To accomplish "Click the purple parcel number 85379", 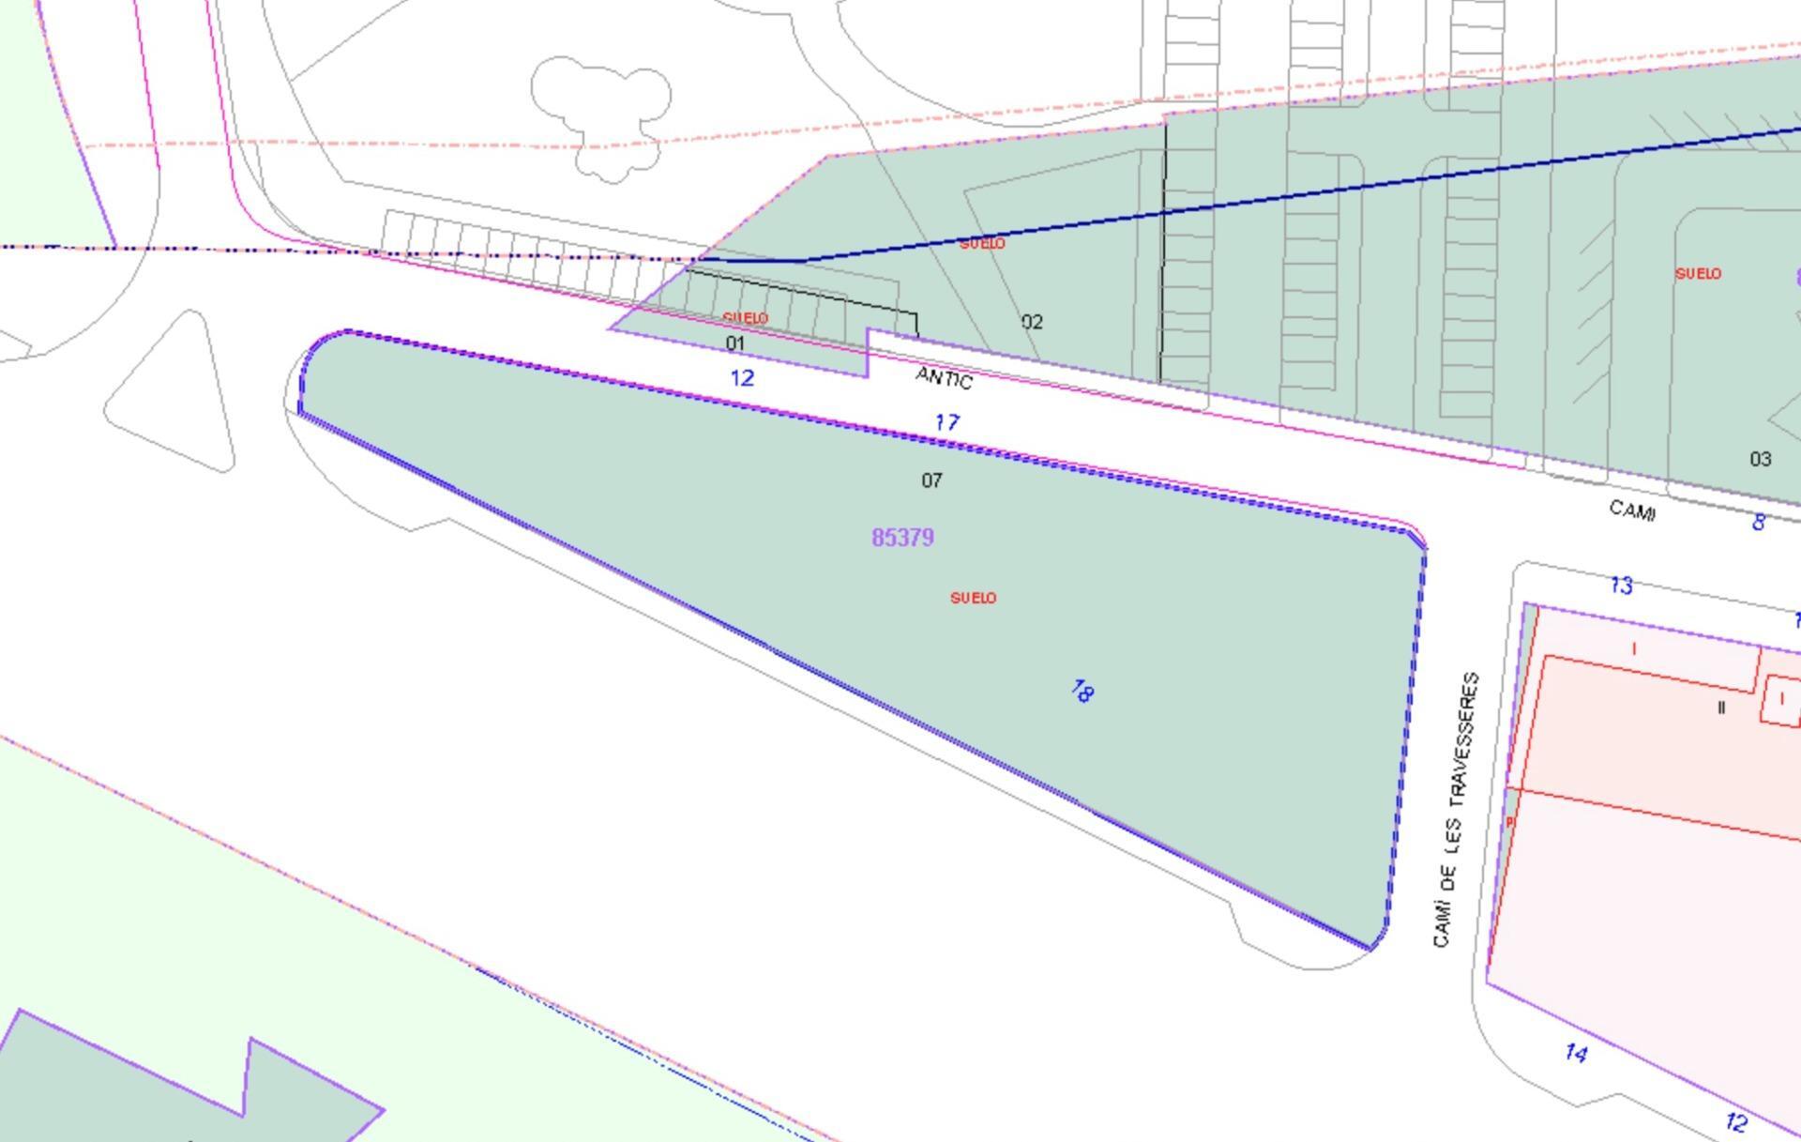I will pos(902,538).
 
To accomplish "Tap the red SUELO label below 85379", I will pos(973,598).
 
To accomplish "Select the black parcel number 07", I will pos(931,480).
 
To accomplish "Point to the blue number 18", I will pos(1082,692).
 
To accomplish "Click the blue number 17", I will pos(947,423).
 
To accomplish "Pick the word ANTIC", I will pos(944,378).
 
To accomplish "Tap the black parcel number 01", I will pos(735,343).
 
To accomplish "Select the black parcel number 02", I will pos(1032,322).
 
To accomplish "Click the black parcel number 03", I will pos(1760,459).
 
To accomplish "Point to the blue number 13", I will pos(1621,586).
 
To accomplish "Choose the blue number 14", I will pos(1576,1053).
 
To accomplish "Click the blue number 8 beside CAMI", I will pos(1759,522).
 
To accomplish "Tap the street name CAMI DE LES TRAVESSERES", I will pos(1457,809).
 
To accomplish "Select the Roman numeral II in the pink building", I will pos(1721,708).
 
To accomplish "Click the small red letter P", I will pos(1509,822).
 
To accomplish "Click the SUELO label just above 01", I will pos(746,318).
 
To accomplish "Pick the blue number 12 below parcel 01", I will pos(742,378).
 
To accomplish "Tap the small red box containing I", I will pos(1780,700).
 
